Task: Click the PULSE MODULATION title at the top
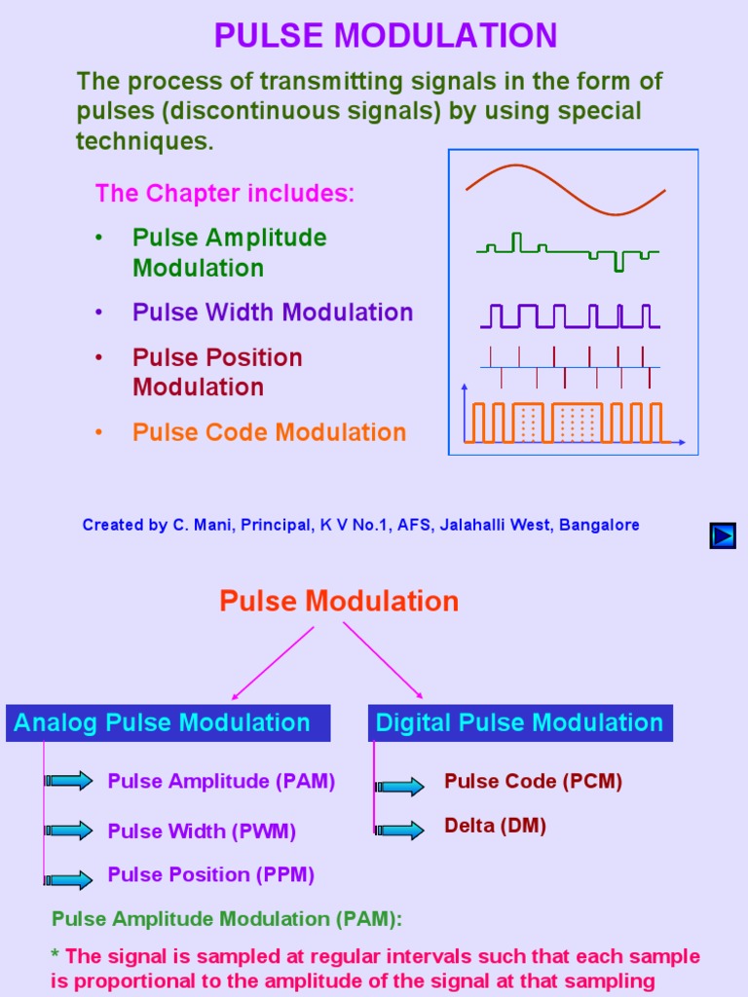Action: (x=386, y=36)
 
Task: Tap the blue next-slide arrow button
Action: (x=722, y=535)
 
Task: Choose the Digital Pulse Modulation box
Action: (x=519, y=722)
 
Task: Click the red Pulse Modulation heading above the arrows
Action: (x=339, y=601)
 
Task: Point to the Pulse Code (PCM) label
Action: (x=533, y=781)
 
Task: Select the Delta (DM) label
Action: (x=495, y=826)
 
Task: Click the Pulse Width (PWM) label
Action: (x=202, y=831)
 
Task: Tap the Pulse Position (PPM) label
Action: (x=210, y=874)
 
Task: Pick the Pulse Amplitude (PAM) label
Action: (x=221, y=781)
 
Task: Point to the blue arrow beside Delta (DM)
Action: (x=399, y=831)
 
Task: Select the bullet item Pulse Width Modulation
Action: (x=273, y=313)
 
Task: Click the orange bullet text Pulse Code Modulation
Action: (x=269, y=432)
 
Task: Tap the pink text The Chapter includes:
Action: (x=225, y=193)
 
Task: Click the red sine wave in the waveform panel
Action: (x=565, y=189)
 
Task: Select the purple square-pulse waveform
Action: (x=570, y=315)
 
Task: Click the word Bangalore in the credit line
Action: (x=599, y=525)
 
